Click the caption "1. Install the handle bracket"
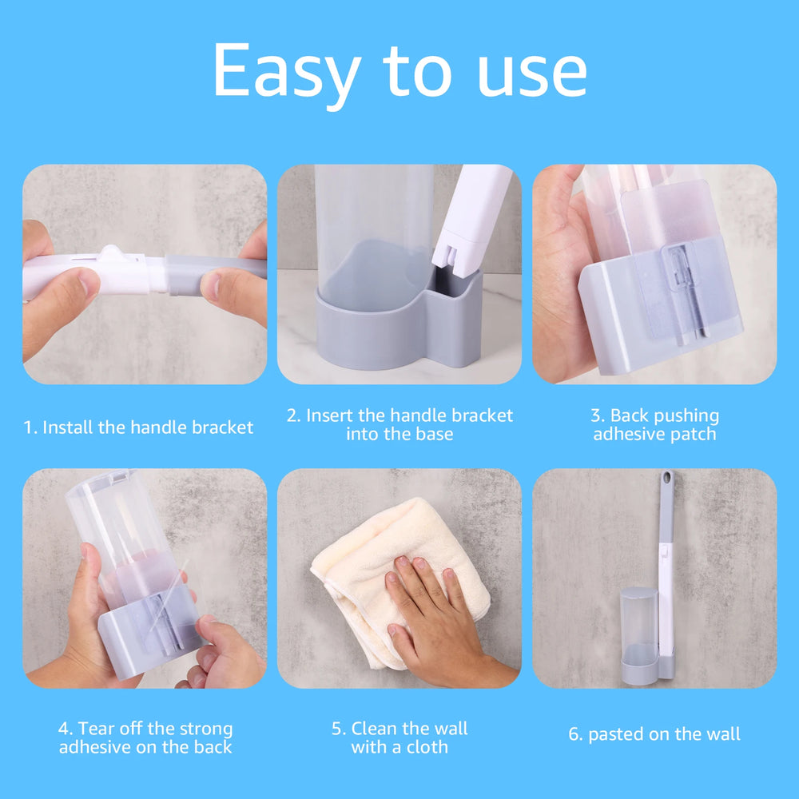[x=138, y=427]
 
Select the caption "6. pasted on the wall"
[x=654, y=734]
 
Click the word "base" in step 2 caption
[x=432, y=435]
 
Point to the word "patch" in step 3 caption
[x=693, y=435]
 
